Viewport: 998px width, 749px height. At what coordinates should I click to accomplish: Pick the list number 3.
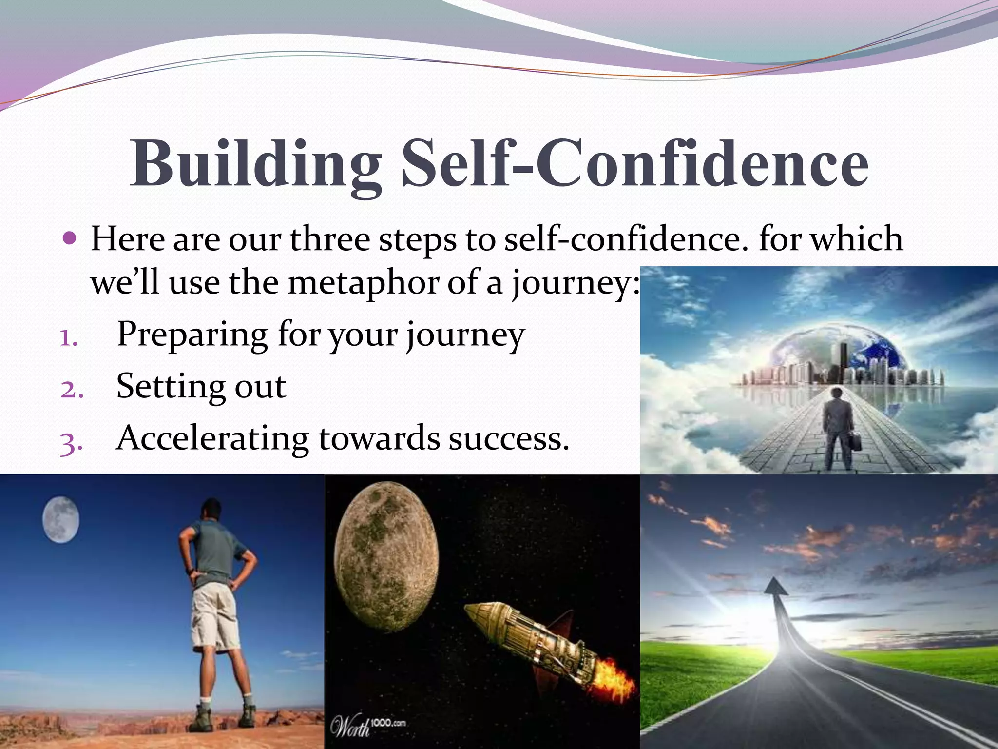71,443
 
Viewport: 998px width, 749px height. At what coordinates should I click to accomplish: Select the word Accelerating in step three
212,438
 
